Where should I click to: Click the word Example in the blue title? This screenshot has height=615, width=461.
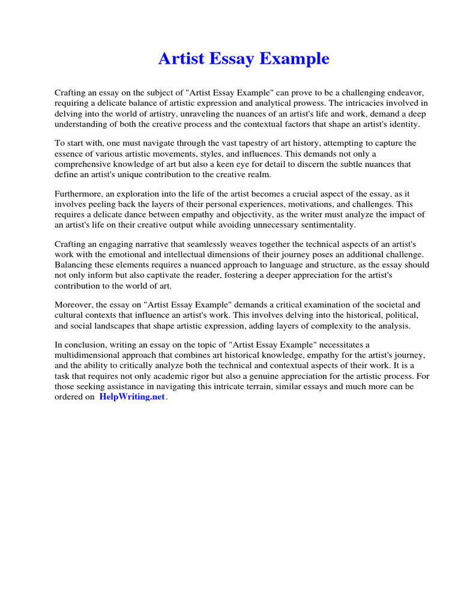point(298,59)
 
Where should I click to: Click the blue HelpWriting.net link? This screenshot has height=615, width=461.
point(131,398)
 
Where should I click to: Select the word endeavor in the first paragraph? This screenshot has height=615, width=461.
point(404,93)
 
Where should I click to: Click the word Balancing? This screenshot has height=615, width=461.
point(74,265)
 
